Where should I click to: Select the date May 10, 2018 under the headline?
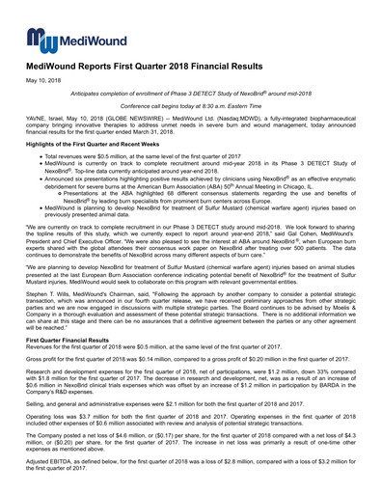[x=41, y=83]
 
